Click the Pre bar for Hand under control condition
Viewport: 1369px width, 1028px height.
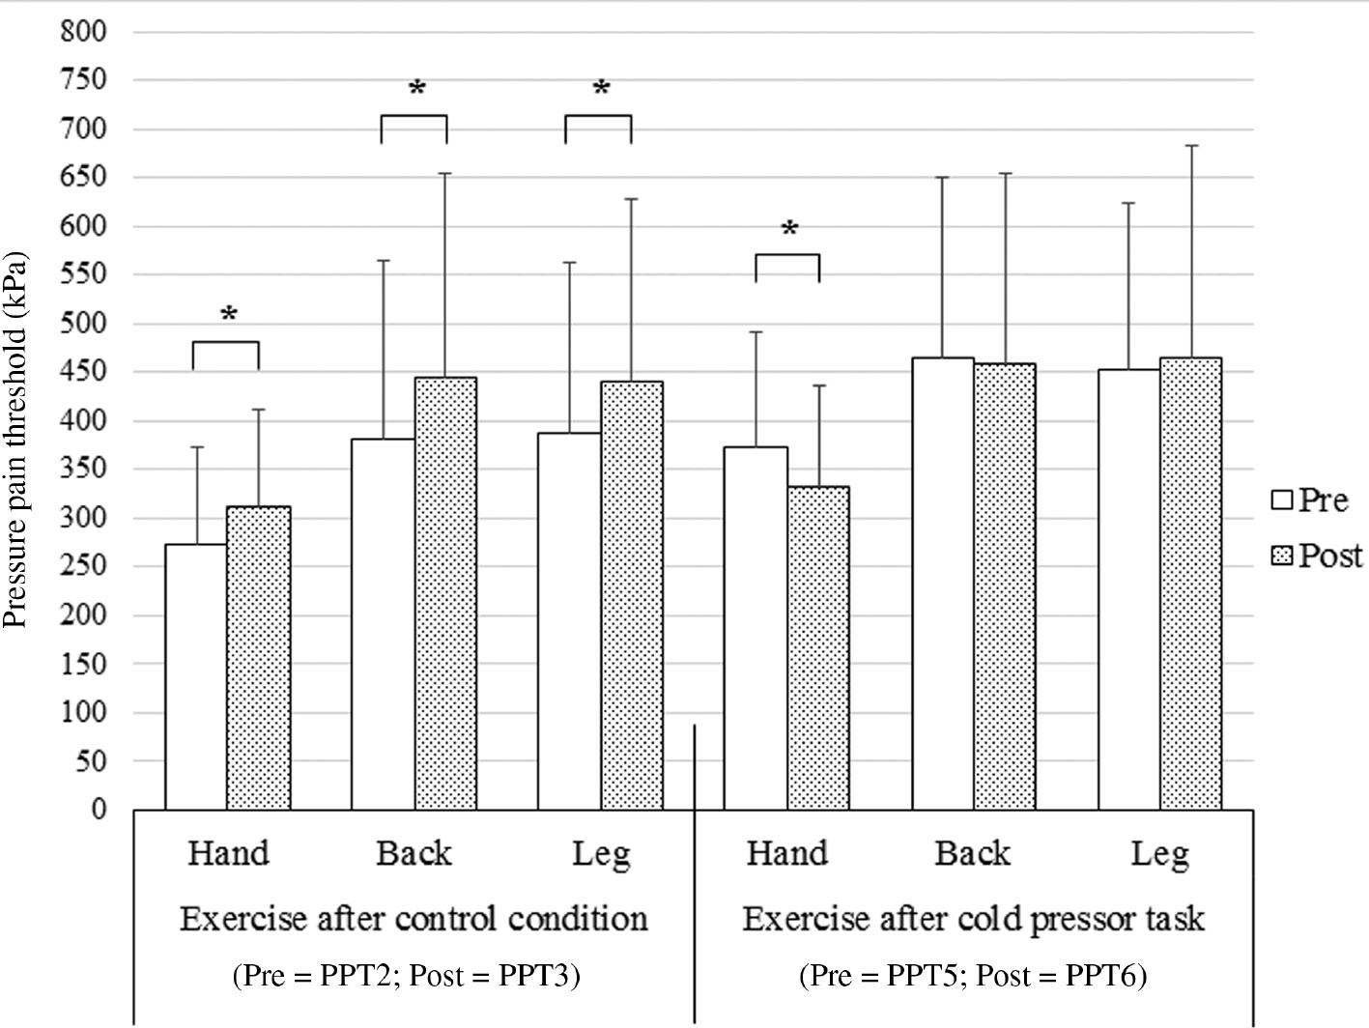pyautogui.click(x=196, y=676)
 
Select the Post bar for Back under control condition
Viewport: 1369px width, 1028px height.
pyautogui.click(x=445, y=593)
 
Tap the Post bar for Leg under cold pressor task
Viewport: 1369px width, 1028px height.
pyautogui.click(x=1190, y=584)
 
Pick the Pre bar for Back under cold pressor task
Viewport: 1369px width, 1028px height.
pyautogui.click(x=942, y=584)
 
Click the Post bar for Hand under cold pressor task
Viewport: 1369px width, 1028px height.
pyautogui.click(x=817, y=647)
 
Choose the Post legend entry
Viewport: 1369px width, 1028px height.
pyautogui.click(x=1317, y=556)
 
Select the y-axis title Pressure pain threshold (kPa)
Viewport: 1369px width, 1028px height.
pyautogui.click(x=17, y=440)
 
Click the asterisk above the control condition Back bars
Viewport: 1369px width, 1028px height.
pyautogui.click(x=416, y=90)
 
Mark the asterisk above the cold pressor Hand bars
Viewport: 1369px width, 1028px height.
pyautogui.click(x=789, y=230)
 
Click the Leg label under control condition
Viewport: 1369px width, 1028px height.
pyautogui.click(x=600, y=854)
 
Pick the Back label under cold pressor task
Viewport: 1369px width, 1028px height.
pyautogui.click(x=972, y=854)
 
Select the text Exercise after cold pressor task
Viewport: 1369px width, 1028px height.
pyautogui.click(x=973, y=918)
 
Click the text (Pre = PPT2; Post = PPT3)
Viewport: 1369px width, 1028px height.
pyautogui.click(x=406, y=976)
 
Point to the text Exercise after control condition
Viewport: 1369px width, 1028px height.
pyautogui.click(x=414, y=918)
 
